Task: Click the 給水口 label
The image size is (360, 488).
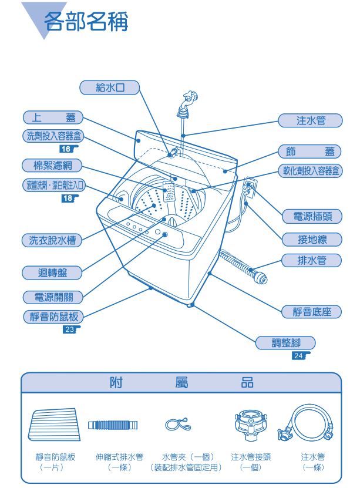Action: pos(109,87)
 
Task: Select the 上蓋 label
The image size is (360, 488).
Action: pos(53,117)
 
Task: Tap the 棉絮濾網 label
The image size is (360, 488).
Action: pos(52,165)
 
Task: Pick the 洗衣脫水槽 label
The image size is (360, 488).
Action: pos(52,240)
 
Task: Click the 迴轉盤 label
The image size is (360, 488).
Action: pos(52,273)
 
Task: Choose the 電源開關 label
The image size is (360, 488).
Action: pos(53,297)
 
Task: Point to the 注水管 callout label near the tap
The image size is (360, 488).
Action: pos(310,120)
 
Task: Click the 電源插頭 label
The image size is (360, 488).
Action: pos(312,216)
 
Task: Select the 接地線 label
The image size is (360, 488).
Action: pos(312,240)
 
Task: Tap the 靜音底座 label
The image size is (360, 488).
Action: pos(311,312)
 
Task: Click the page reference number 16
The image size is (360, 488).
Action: pos(66,149)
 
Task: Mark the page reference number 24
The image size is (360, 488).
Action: pos(299,355)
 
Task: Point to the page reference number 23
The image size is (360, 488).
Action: pos(70,329)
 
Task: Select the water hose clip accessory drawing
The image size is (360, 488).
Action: pos(178,424)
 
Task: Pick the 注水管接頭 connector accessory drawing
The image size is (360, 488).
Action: pos(250,425)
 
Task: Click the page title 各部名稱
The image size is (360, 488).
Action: pos(86,22)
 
